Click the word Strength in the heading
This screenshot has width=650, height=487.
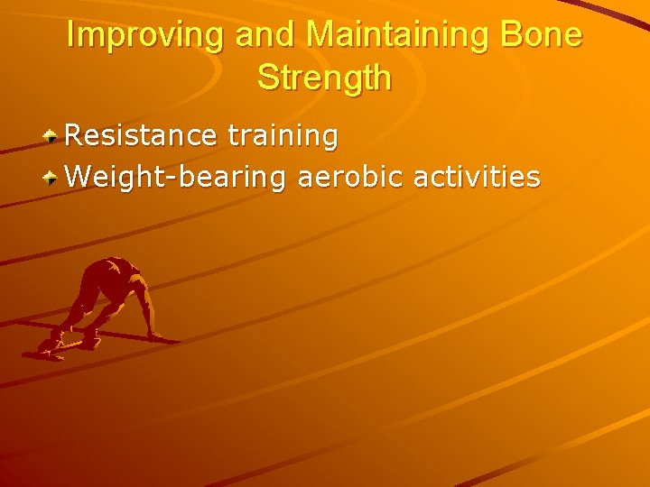tap(325, 78)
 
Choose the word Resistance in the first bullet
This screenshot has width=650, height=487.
tap(141, 136)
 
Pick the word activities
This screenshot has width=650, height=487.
tap(477, 177)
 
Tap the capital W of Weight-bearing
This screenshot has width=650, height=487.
tap(79, 177)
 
